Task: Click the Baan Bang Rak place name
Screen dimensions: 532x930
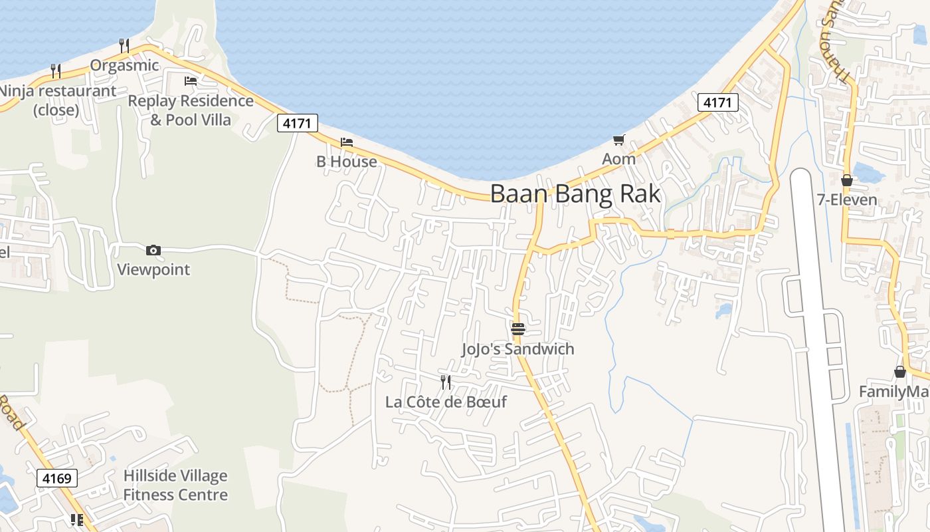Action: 575,194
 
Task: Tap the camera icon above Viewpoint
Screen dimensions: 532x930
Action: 153,250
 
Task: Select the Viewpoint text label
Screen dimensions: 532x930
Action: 153,269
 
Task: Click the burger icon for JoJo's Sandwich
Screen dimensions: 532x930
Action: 518,329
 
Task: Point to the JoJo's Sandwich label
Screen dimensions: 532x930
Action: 517,349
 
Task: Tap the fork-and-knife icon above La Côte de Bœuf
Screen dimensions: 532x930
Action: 446,382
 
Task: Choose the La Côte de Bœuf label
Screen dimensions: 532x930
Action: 446,402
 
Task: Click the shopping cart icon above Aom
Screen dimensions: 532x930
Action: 619,140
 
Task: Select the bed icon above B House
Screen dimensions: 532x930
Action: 346,142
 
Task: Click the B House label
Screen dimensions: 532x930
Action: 346,162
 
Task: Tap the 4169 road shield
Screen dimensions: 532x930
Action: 58,477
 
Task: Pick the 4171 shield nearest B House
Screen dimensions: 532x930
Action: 298,123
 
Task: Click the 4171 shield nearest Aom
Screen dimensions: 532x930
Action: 718,102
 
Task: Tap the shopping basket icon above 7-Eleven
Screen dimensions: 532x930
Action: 847,180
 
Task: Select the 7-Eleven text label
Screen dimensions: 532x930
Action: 847,200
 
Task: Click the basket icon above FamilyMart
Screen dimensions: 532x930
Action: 900,372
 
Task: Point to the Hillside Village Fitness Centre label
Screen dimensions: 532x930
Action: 175,485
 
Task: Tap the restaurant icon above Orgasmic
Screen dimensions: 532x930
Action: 124,45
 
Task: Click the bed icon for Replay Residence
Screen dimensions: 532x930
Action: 191,81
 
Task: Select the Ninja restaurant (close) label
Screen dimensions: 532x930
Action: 57,100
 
